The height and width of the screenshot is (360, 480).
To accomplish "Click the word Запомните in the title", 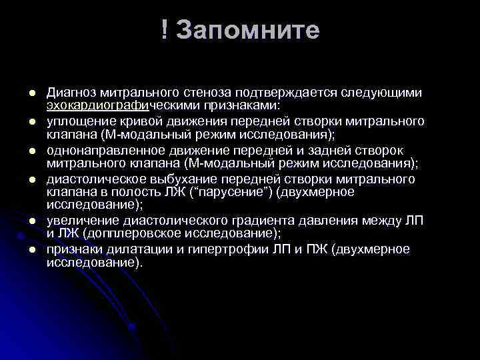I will tap(249, 31).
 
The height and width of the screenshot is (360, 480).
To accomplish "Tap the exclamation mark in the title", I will tap(164, 31).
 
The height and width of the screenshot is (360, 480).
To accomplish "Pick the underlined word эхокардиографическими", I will tap(117, 105).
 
